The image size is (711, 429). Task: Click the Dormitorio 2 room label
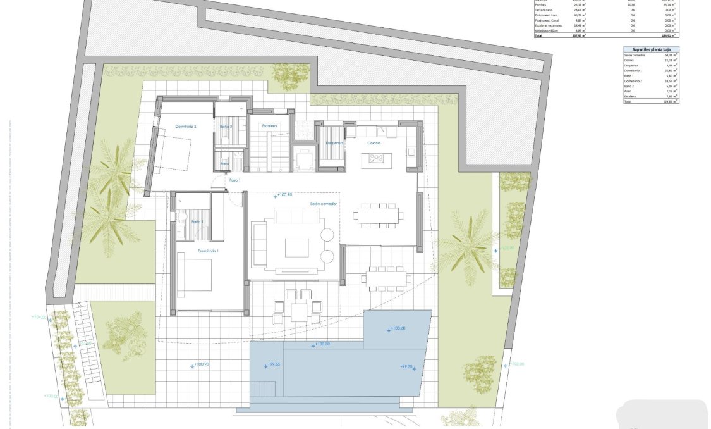[186, 127]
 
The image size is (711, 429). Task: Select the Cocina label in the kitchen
[374, 143]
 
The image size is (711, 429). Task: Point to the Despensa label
[334, 143]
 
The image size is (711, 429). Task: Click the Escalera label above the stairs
[270, 126]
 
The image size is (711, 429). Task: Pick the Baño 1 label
[197, 222]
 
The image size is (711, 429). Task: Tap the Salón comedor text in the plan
[324, 204]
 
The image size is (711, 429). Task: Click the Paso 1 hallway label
[235, 181]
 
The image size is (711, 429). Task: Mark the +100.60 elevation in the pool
[397, 328]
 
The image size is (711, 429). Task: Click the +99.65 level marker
[273, 364]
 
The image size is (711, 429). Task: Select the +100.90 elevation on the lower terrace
[200, 365]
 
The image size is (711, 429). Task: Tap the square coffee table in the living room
[296, 247]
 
